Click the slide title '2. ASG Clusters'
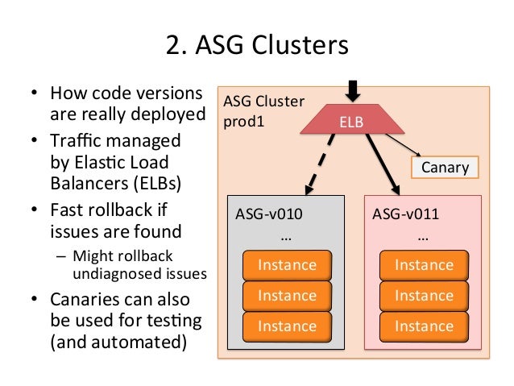257,45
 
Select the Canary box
444,168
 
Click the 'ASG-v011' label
400,216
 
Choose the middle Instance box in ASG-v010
287,297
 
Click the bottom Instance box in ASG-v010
287,326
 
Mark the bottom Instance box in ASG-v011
424,326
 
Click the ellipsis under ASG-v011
424,239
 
